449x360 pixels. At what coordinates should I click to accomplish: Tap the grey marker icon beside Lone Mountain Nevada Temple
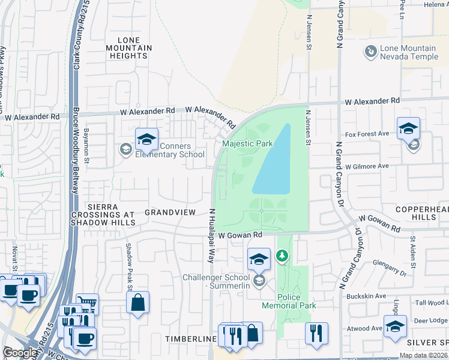pos(370,52)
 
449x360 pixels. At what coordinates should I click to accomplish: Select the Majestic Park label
pos(247,143)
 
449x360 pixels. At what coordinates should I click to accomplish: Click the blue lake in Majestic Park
pos(273,165)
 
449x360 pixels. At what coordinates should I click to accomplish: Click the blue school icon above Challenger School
pos(259,260)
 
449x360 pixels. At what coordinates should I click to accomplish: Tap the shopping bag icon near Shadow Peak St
pos(138,304)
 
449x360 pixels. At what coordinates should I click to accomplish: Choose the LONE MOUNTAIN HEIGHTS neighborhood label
pos(128,47)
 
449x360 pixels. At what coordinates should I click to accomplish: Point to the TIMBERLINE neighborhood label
pos(191,339)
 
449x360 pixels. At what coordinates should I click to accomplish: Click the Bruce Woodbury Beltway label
pos(76,150)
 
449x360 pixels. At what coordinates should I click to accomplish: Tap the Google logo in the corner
pos(20,352)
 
